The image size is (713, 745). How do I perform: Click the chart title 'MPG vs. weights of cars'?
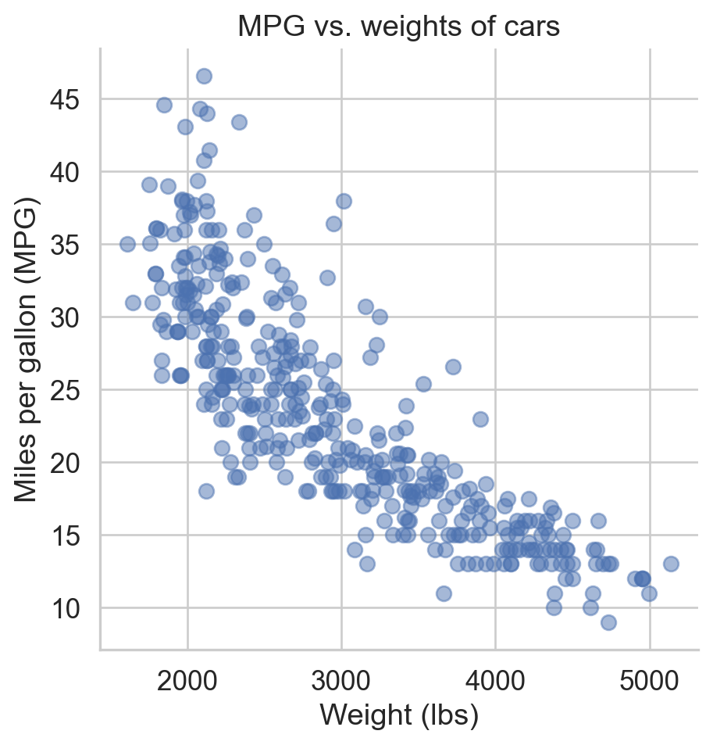(399, 27)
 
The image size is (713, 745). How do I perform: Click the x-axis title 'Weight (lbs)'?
(399, 715)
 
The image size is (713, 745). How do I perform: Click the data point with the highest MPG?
(204, 76)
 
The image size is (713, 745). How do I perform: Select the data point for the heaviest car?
(671, 564)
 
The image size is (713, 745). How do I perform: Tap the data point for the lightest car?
(127, 244)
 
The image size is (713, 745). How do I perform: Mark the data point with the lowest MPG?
(608, 622)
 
